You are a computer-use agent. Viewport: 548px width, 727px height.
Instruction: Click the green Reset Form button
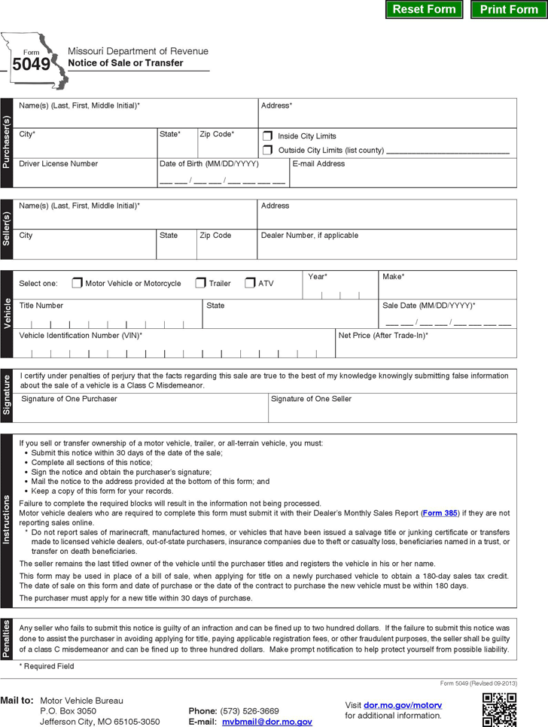pos(424,10)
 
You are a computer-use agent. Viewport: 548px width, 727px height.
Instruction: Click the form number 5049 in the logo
pos(31,65)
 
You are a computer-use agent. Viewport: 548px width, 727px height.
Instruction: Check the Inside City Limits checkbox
pos(267,136)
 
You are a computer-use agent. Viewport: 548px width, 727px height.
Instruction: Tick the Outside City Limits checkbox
pos(267,151)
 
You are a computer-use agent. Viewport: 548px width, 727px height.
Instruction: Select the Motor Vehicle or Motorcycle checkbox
pos(77,284)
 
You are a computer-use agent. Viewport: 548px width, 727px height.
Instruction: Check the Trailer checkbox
pos(200,284)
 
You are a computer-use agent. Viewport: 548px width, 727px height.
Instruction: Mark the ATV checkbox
pos(250,284)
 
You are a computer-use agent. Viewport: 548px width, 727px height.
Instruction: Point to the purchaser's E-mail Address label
pos(318,163)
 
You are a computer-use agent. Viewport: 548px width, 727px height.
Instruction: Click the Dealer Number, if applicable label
pos(309,236)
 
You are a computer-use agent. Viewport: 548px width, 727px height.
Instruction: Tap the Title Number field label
pos(41,306)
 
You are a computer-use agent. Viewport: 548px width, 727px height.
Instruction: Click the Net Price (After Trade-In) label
pos(383,335)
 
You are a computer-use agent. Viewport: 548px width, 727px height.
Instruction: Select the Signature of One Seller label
pos(311,399)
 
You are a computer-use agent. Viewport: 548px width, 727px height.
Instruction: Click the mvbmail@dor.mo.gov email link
pos(266,722)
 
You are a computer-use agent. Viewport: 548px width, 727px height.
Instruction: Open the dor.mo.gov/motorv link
pos(403,705)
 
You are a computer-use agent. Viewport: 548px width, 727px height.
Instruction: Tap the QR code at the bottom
pos(499,710)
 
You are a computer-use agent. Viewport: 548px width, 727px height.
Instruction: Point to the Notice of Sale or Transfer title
pos(125,63)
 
